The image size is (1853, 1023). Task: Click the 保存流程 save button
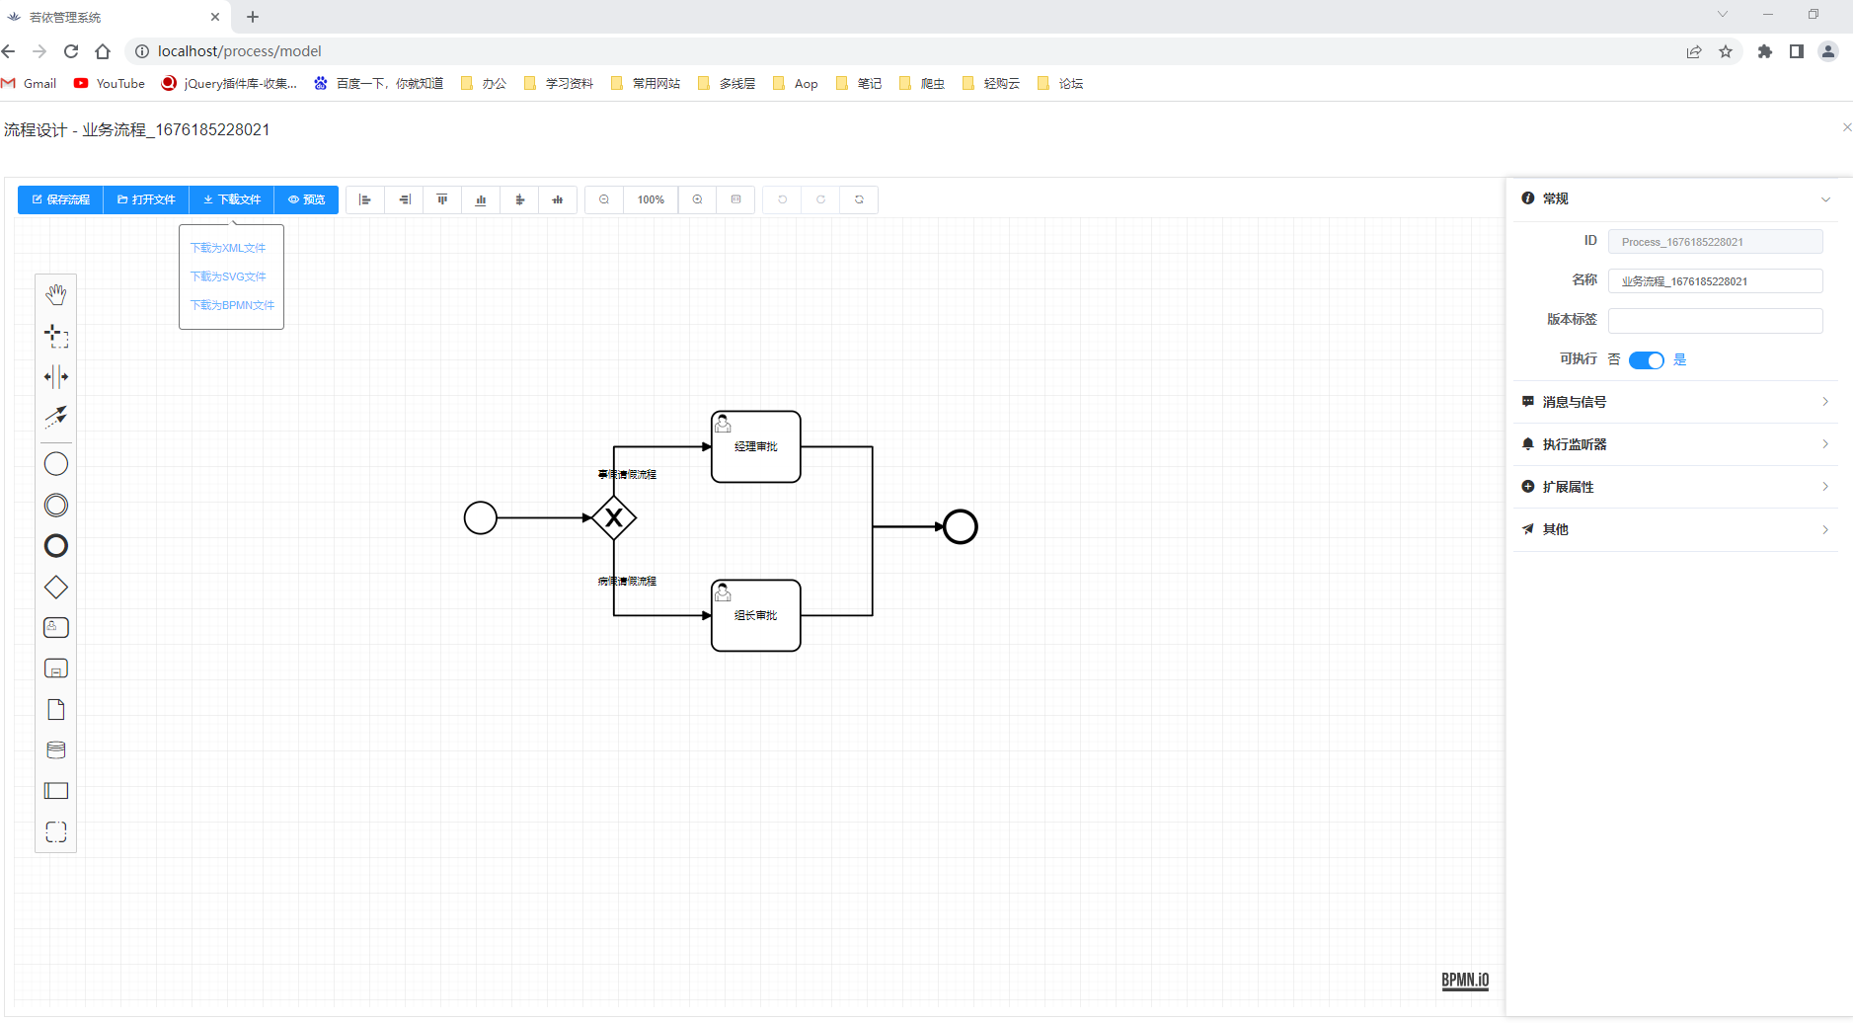61,199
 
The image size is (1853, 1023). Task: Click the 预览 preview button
306,199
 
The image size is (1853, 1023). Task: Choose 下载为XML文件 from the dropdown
228,248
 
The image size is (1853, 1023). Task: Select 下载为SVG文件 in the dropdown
228,276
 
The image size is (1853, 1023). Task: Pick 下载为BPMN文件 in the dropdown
232,305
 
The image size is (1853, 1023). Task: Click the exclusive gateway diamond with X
614,517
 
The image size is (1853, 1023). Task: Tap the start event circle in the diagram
481,517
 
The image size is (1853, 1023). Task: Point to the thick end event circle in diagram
960,527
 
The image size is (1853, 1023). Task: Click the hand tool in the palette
56,294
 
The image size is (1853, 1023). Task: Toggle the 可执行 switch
1646,360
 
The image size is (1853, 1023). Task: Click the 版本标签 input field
1715,321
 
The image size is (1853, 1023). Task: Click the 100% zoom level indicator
651,199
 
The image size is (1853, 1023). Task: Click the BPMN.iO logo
1465,980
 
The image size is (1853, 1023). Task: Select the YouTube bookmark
110,84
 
